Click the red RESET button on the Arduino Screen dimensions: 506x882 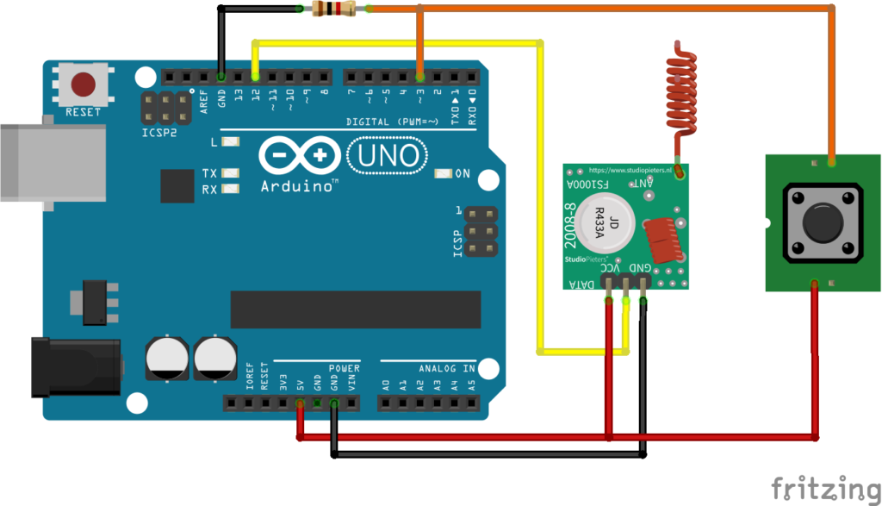[x=84, y=84]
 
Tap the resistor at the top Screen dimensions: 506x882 [x=334, y=9]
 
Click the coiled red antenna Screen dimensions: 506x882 [x=684, y=95]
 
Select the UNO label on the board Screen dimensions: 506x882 [x=387, y=156]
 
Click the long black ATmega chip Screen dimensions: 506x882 [x=355, y=309]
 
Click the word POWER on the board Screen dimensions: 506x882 [x=344, y=369]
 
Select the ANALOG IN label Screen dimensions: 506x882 [x=447, y=369]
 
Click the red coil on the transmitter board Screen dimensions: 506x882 [x=667, y=241]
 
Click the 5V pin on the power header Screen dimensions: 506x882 [x=300, y=403]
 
